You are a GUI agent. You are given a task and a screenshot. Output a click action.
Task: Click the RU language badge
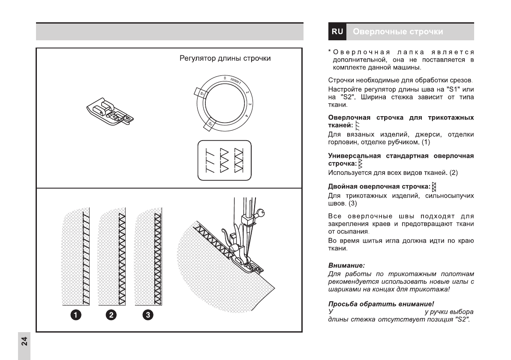[337, 32]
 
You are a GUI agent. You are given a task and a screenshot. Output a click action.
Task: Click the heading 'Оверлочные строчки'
[398, 32]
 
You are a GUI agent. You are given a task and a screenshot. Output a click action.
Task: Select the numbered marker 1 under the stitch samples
[75, 315]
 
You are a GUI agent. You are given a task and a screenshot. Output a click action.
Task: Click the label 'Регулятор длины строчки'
[225, 58]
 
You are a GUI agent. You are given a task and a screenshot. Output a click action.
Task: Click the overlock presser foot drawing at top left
[108, 114]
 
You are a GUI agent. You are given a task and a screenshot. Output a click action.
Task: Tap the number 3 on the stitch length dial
[249, 103]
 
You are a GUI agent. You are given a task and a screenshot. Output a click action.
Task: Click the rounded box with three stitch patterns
[224, 160]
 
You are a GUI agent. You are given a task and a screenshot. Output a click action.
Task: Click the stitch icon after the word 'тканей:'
[357, 126]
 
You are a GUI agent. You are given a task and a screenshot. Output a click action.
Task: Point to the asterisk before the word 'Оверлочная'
[329, 52]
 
